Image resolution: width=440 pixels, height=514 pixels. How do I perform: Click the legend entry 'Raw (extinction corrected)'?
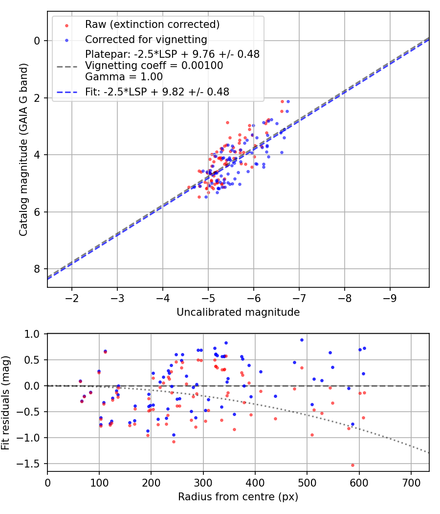152,24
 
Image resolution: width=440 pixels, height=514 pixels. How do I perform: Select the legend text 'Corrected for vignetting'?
146,40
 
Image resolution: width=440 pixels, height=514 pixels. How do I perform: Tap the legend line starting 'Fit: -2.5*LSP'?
157,92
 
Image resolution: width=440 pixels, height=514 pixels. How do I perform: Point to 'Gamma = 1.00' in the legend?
124,77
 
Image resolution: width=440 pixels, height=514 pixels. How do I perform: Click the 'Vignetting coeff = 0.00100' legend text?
154,66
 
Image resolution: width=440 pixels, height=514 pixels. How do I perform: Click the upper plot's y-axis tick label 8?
37,269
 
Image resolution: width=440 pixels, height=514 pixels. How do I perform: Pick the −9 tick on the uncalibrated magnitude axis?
390,298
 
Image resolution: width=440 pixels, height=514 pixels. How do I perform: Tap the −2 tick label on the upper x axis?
72,298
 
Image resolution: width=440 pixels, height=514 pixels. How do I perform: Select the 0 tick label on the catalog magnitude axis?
37,41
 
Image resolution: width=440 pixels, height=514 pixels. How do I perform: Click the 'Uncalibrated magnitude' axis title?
238,312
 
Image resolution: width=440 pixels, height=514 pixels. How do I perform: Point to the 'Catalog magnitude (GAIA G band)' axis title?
23,149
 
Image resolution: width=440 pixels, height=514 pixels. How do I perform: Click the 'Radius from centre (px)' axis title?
238,497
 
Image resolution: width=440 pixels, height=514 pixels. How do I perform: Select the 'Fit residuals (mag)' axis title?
5,402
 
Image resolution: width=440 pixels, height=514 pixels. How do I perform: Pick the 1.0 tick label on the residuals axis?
32,334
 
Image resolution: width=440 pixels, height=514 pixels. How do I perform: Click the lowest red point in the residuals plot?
352,465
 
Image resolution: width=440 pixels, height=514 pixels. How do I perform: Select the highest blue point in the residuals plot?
302,340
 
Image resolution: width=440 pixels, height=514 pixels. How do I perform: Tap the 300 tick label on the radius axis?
203,483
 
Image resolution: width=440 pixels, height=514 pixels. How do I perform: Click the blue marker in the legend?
67,40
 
